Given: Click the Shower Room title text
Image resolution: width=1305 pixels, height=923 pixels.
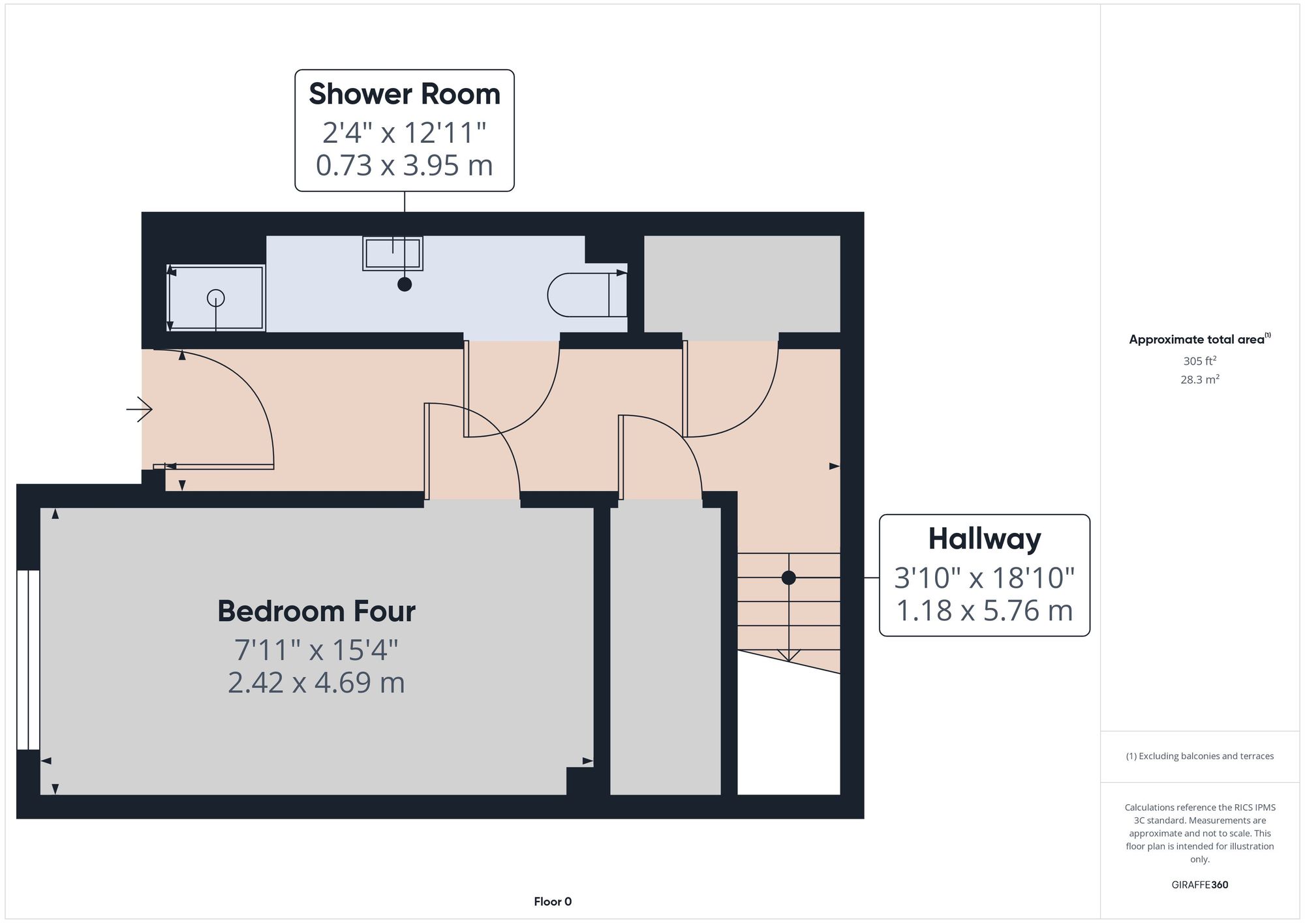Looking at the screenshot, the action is click(x=405, y=94).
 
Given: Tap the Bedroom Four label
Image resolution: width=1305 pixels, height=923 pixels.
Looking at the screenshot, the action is click(x=316, y=611).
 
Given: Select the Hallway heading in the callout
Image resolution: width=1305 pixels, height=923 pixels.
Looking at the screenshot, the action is click(x=985, y=539).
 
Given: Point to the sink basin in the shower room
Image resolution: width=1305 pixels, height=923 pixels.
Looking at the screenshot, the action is click(x=393, y=254).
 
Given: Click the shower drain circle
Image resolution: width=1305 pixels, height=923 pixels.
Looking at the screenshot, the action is click(x=216, y=298).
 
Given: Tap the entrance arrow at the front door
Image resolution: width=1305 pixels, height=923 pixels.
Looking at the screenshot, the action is click(x=139, y=410).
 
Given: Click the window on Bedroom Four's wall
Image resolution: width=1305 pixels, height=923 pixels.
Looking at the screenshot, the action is click(x=28, y=660).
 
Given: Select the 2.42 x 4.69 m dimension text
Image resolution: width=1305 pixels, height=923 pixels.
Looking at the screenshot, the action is click(x=316, y=683).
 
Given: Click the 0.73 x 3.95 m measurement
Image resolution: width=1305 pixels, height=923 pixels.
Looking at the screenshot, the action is click(x=405, y=165).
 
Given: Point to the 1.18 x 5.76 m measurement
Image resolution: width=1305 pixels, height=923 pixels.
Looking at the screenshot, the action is click(x=985, y=611).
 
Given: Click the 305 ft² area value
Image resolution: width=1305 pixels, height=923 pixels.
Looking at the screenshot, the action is click(x=1200, y=361).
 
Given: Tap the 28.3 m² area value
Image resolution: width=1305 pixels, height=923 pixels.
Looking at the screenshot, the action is click(x=1200, y=379).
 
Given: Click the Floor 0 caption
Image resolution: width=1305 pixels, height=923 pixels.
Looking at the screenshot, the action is click(x=553, y=901).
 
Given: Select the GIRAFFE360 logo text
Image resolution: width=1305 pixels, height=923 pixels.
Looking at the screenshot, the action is click(x=1200, y=885).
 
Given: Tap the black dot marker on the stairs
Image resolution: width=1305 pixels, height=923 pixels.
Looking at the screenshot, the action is click(x=789, y=577).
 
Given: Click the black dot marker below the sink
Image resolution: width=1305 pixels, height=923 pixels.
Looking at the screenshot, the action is click(x=405, y=284).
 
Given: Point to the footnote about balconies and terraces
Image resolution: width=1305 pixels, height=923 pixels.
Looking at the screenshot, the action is click(x=1200, y=756).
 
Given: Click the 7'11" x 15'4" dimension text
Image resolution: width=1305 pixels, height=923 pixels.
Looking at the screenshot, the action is click(x=316, y=650).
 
